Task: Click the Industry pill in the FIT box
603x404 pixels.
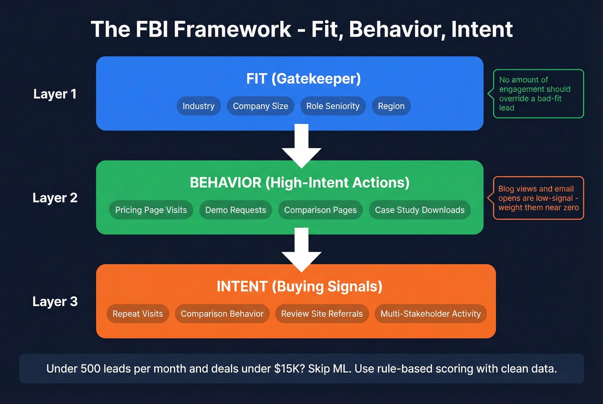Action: coord(199,106)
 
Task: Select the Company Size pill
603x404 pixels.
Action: coord(260,106)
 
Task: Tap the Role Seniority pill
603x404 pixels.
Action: coord(333,106)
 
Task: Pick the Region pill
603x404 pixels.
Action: coord(391,106)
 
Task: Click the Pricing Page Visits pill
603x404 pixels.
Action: coord(151,210)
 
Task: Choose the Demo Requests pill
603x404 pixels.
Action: coord(236,210)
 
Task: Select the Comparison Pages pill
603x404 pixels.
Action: coord(320,210)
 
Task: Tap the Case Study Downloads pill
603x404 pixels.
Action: coord(420,210)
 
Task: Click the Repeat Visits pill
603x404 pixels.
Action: coord(137,314)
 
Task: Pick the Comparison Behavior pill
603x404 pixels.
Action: coord(222,314)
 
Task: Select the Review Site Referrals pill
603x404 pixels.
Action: coord(322,314)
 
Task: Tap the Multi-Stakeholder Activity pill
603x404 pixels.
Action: coord(430,314)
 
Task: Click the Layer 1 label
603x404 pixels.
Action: coord(55,94)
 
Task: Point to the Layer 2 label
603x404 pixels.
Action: coord(55,198)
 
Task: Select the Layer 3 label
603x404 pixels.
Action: coord(55,302)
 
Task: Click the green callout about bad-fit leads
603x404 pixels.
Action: coord(538,94)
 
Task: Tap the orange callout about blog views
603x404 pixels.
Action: coord(538,198)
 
